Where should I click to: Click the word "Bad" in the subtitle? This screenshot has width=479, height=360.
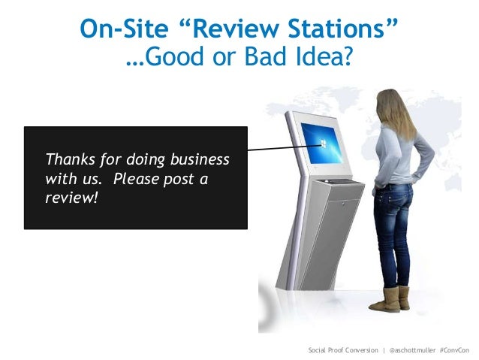pyautogui.click(x=243, y=59)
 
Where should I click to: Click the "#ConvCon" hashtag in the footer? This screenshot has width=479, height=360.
pyautogui.click(x=454, y=351)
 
